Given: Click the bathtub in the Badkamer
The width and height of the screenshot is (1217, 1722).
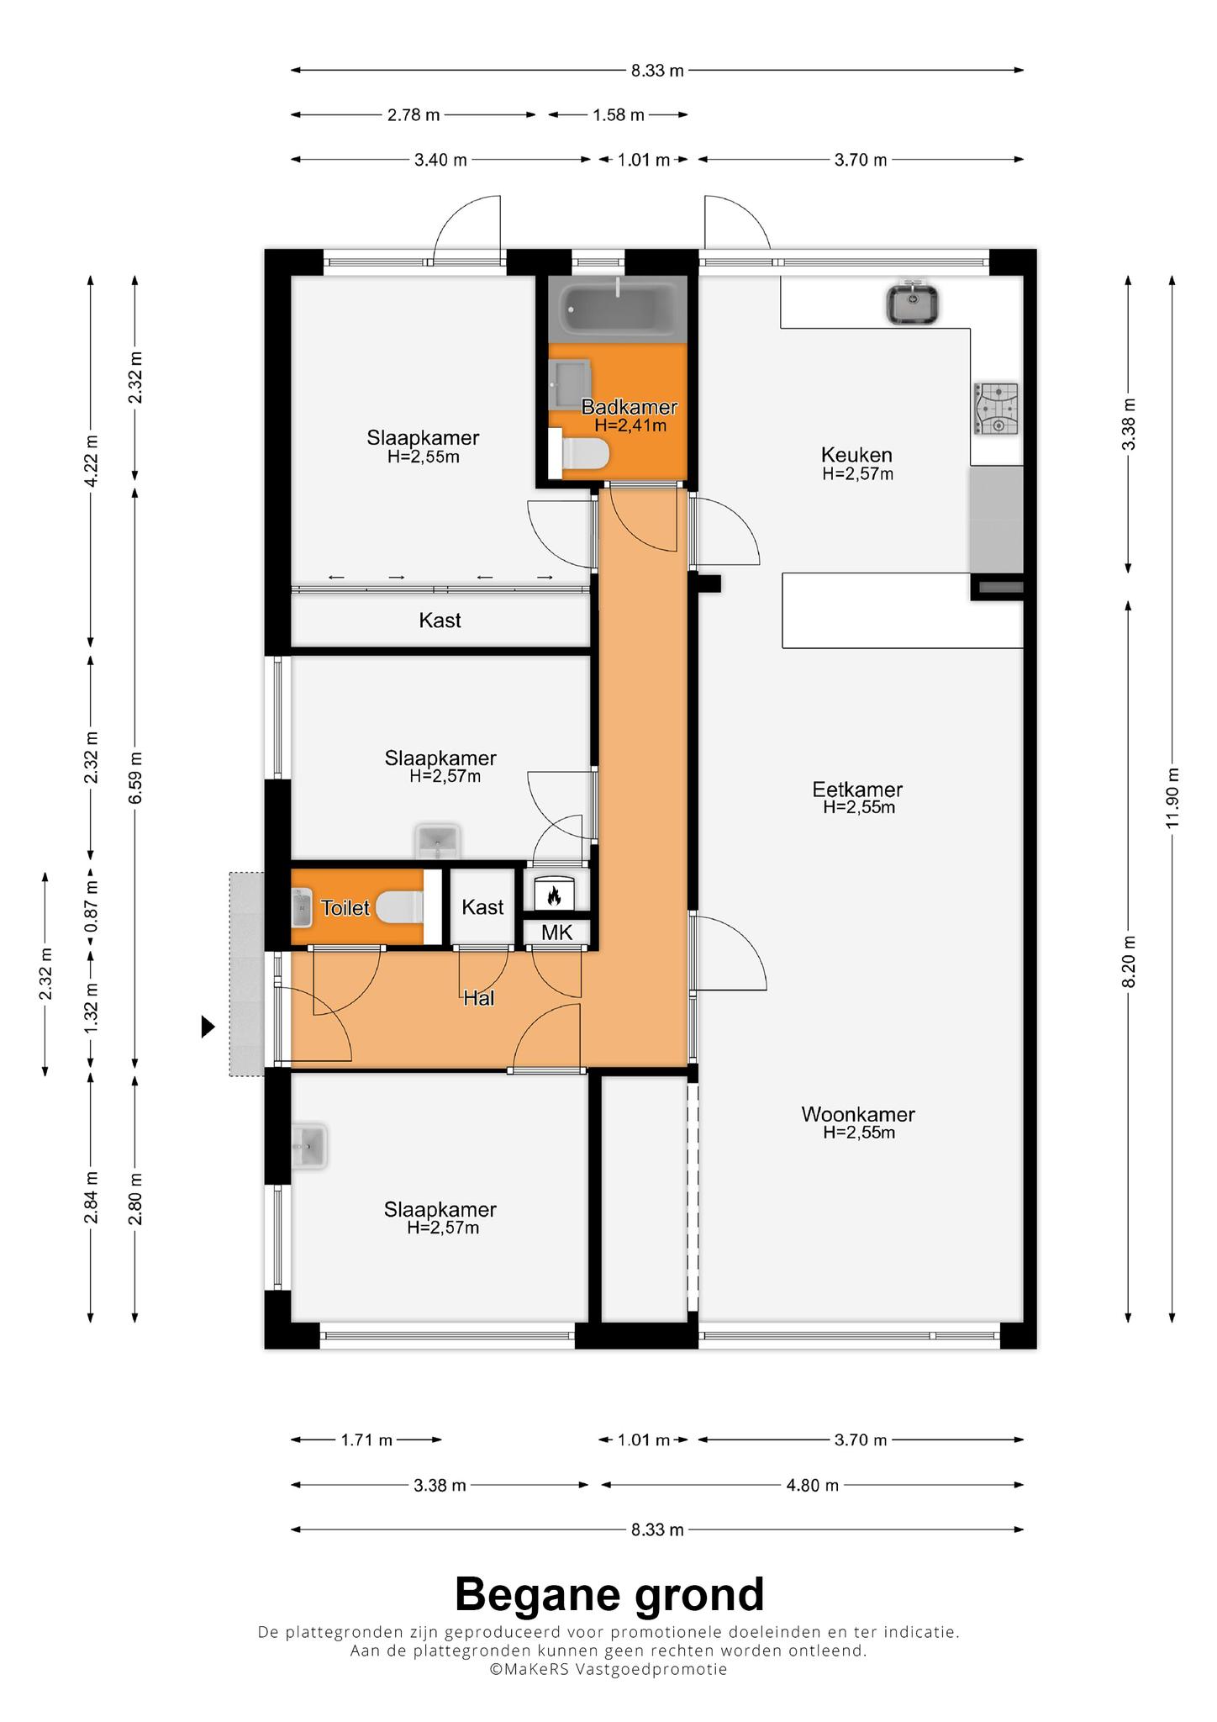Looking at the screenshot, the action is pos(618,309).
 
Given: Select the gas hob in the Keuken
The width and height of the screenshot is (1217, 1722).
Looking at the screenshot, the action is pos(997,409).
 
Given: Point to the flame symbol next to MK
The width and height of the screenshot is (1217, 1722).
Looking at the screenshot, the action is pos(554,895).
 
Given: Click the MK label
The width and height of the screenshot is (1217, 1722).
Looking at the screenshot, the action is pos(556,932).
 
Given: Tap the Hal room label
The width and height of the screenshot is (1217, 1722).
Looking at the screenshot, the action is pos(479,998).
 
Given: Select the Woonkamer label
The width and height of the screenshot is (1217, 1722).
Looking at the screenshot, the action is pos(858,1114).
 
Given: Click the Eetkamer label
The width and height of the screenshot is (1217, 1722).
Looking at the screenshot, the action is pos(857,790).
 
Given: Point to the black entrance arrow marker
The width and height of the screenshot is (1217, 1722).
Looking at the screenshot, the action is pos(208,1027).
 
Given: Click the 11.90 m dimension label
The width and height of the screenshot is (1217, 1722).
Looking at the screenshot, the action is pos(1172,798).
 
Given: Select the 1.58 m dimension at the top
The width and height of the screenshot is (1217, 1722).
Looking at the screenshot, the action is pos(619,115).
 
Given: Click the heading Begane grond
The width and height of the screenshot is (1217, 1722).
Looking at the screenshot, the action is pos(609,1593).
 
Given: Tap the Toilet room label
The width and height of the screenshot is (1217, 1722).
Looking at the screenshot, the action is pos(345,908).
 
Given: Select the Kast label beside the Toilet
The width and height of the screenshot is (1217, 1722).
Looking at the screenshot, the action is pos(482,907).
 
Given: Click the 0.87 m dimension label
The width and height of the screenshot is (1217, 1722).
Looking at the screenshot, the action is pos(92,905).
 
